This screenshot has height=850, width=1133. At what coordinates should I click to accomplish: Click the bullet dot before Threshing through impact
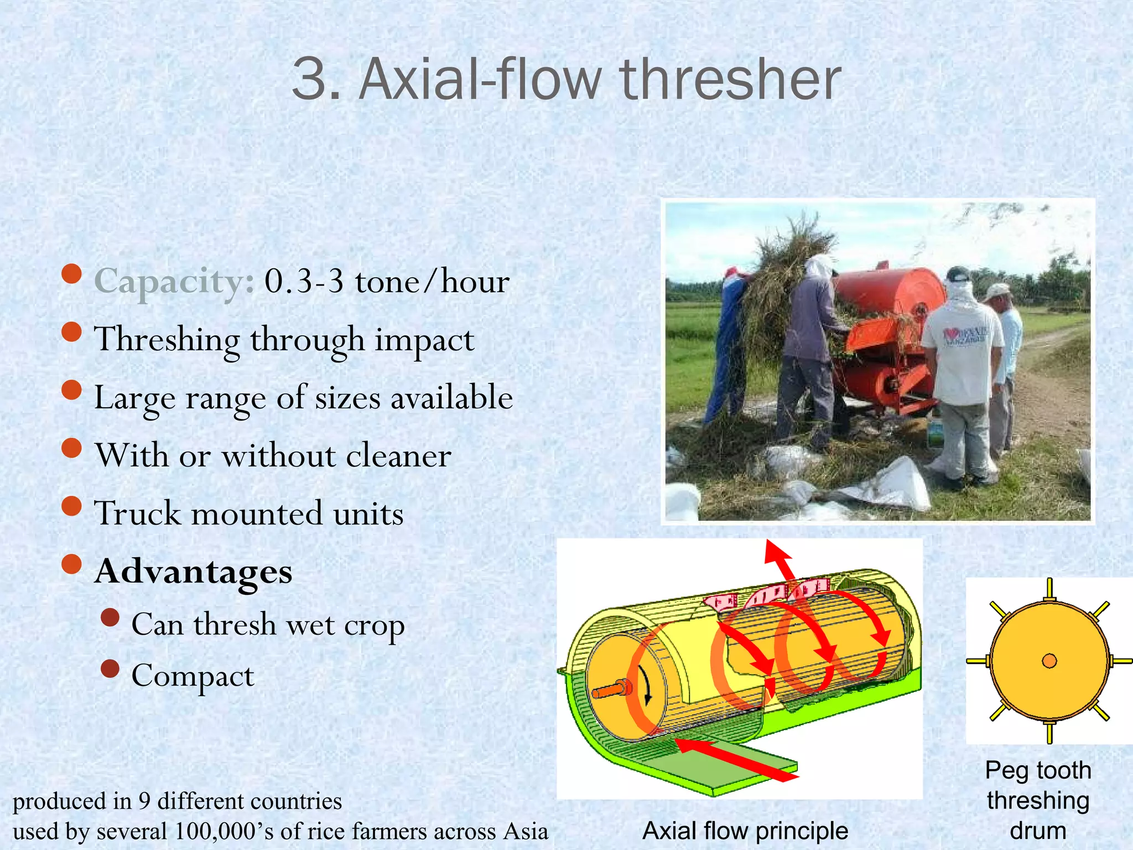coord(72,332)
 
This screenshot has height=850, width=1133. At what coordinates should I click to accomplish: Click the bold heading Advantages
coord(194,572)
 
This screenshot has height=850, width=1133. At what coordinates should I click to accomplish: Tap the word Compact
coord(193,676)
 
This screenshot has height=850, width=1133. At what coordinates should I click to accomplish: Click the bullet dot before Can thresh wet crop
coord(110,618)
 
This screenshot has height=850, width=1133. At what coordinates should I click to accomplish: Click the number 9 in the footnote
coord(144,801)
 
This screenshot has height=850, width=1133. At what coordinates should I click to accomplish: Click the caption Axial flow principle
coord(745,831)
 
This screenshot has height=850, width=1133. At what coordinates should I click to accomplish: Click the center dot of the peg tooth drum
coord(1049,661)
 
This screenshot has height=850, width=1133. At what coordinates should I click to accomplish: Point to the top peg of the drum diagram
coord(1049,589)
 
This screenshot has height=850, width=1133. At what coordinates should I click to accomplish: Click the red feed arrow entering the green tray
coord(736,760)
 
